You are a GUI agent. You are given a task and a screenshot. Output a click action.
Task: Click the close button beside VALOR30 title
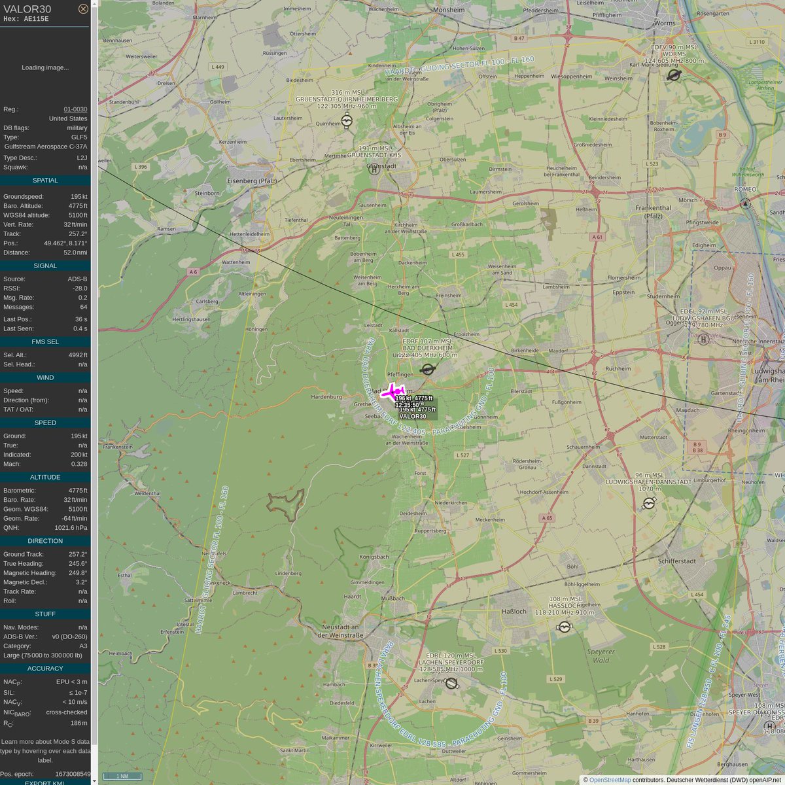pyautogui.click(x=83, y=9)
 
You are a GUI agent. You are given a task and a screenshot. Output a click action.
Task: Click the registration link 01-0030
pyautogui.click(x=75, y=109)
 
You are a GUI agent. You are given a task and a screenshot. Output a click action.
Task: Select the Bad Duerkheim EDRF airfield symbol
pyautogui.click(x=428, y=370)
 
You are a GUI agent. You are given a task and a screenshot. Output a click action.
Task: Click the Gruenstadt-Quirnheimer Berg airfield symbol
pyautogui.click(x=347, y=121)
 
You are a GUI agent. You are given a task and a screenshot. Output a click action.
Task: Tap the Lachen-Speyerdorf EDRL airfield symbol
pyautogui.click(x=451, y=684)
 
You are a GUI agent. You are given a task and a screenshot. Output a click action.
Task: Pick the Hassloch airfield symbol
pyautogui.click(x=565, y=627)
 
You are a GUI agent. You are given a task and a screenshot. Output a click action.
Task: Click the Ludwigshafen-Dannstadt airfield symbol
pyautogui.click(x=649, y=503)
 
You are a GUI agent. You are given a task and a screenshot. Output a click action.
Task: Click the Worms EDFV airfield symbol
pyautogui.click(x=674, y=75)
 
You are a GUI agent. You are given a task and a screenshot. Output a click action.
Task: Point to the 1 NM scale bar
pyautogui.click(x=122, y=776)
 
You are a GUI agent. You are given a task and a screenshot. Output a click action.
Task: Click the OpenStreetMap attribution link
pyautogui.click(x=610, y=780)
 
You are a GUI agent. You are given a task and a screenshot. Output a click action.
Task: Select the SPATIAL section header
pyautogui.click(x=45, y=181)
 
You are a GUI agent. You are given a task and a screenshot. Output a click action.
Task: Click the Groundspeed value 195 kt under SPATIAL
pyautogui.click(x=78, y=196)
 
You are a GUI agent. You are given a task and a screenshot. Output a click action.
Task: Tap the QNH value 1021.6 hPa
pyautogui.click(x=71, y=527)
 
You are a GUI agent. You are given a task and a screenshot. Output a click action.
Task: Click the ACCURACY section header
pyautogui.click(x=45, y=669)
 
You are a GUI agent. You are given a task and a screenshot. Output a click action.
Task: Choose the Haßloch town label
pyautogui.click(x=514, y=611)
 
